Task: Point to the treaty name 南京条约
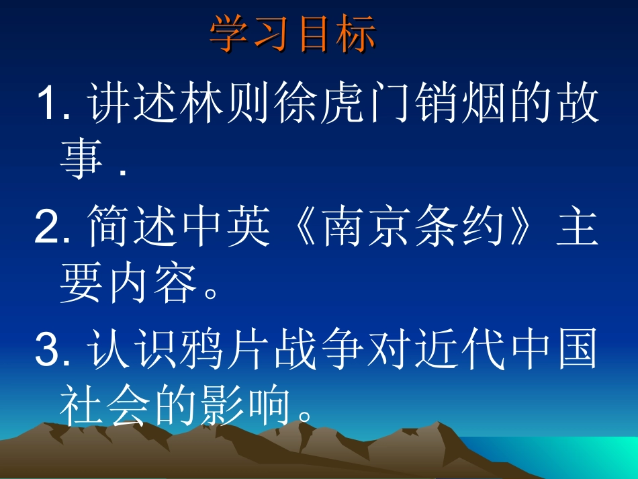[x=414, y=230]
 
